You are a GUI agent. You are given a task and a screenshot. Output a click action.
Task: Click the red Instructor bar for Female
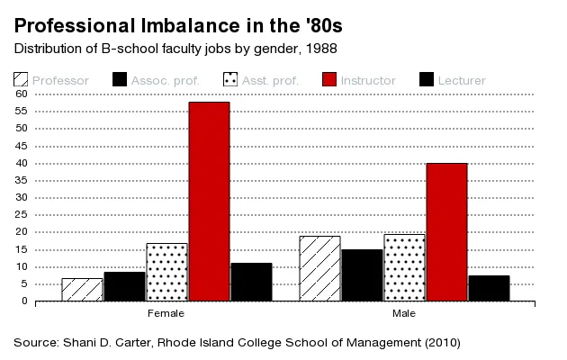[x=208, y=202]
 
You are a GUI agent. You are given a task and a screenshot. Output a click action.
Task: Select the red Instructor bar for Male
[x=446, y=232]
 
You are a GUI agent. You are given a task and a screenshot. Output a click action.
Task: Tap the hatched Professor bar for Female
[x=81, y=290]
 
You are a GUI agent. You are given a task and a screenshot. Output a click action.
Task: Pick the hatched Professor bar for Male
[x=319, y=268]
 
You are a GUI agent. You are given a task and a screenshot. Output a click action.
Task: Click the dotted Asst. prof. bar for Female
[x=166, y=272]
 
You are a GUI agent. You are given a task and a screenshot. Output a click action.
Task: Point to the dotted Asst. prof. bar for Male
[x=404, y=267]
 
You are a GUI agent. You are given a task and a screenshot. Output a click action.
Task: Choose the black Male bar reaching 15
[x=362, y=275]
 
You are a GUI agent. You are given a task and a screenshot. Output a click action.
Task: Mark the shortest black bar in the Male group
[x=489, y=288]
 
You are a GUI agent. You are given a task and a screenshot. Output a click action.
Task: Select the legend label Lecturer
[x=462, y=81]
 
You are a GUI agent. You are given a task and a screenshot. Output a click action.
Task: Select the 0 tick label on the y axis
[x=25, y=301]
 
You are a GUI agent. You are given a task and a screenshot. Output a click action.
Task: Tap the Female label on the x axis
[x=166, y=314]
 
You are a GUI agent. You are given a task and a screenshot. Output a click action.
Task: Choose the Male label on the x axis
[x=404, y=314]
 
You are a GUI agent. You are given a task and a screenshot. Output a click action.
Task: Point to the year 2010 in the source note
[x=439, y=343]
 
